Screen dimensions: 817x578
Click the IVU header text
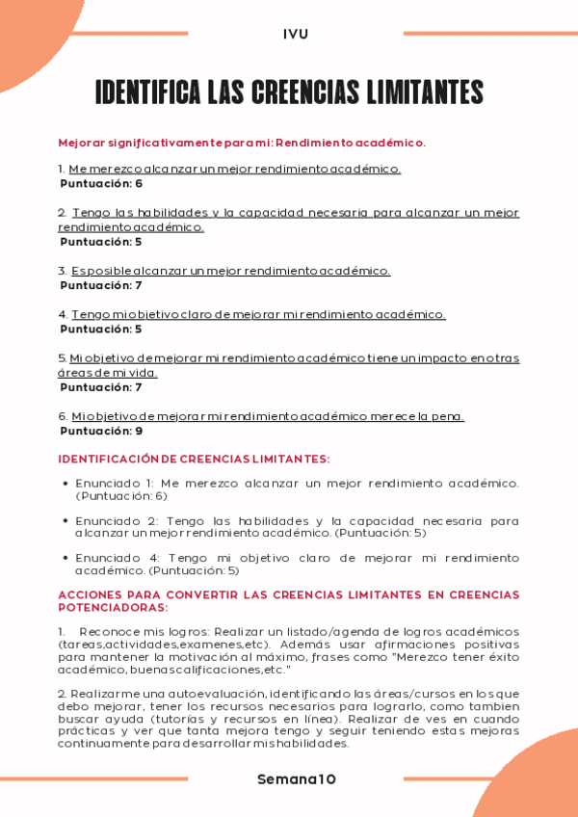point(296,34)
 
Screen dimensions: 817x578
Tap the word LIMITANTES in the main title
point(424,92)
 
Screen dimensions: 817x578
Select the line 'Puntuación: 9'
point(101,431)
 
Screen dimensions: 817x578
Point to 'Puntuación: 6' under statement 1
point(101,183)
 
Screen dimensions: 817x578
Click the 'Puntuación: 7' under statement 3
point(101,285)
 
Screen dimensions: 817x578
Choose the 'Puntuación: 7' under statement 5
point(101,387)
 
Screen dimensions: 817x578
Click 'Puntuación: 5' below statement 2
point(101,242)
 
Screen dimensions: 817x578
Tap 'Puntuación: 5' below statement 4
point(101,329)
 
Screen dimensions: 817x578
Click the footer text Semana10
point(297,778)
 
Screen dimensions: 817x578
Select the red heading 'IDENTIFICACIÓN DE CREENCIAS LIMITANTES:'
point(194,460)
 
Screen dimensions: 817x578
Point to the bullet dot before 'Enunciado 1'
point(65,483)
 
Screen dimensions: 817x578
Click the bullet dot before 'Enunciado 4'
point(65,558)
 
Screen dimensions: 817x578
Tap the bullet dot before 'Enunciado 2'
point(65,520)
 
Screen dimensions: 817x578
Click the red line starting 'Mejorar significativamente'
point(242,143)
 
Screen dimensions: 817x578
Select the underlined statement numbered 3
point(231,271)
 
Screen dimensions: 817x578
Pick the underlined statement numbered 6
point(268,416)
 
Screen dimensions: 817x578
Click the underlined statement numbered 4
point(258,314)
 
